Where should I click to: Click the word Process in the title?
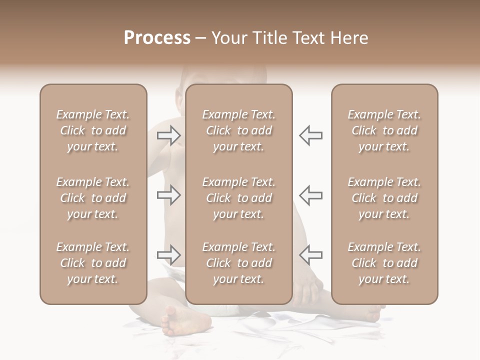pos(157,38)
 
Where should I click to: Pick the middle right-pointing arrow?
pos(169,195)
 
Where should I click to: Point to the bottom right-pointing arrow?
pos(169,255)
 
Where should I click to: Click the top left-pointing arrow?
pos(310,135)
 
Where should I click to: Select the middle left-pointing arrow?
pos(310,195)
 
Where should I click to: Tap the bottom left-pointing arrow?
pos(310,255)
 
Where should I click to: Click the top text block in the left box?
pos(93,130)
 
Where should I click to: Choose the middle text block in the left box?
pos(93,198)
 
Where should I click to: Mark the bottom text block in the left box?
pos(93,263)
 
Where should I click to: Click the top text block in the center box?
pos(239,130)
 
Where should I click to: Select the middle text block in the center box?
pos(239,198)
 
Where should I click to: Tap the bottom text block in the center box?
pos(239,263)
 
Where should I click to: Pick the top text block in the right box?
pos(384,130)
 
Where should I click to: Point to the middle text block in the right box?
pos(384,198)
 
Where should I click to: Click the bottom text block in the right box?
pos(384,263)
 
